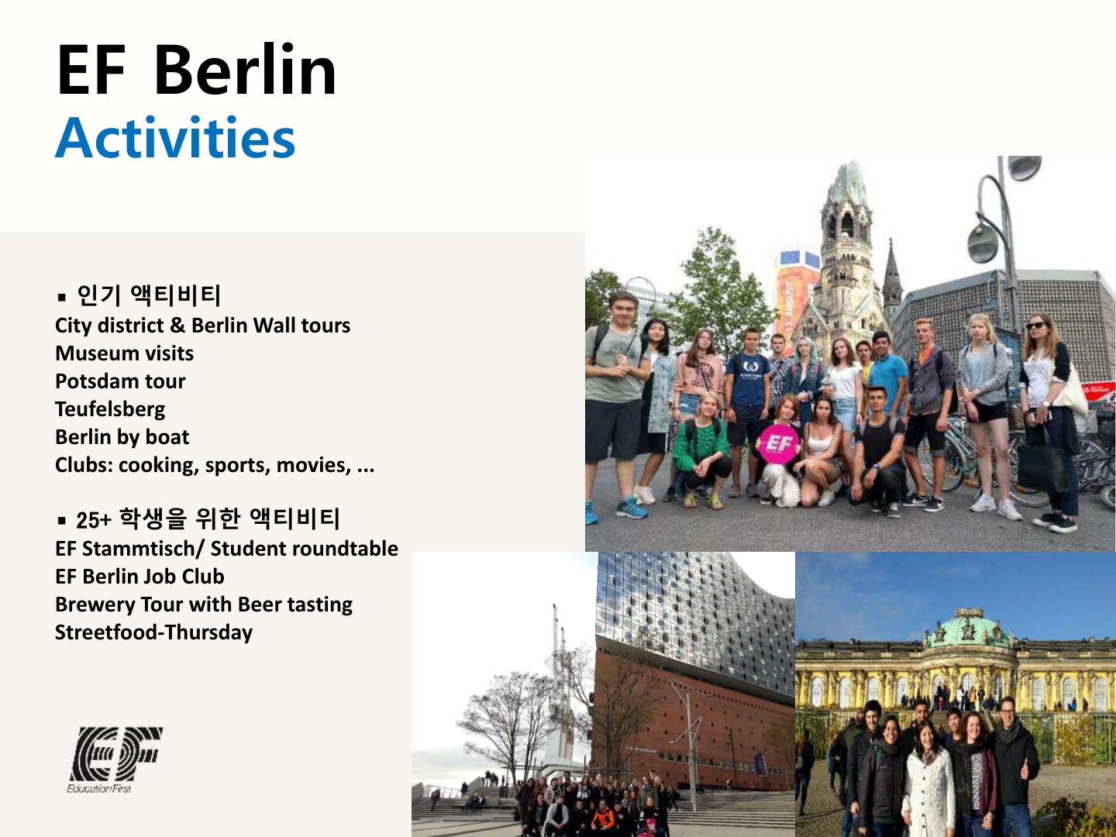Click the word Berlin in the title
(x=245, y=69)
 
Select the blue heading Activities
(x=175, y=137)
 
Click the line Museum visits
(x=125, y=353)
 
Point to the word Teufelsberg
(x=110, y=409)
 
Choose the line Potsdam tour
(x=120, y=381)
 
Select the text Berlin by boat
(x=122, y=437)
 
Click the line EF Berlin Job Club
(x=139, y=577)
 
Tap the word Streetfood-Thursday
(x=153, y=632)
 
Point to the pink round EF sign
(x=778, y=444)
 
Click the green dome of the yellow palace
(x=967, y=628)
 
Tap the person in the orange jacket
(x=603, y=815)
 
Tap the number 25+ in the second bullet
(x=94, y=520)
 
